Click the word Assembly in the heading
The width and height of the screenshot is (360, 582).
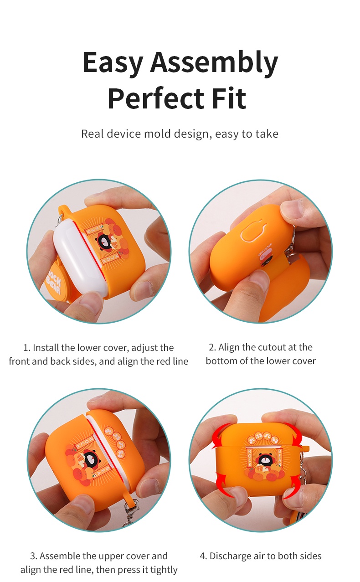click(214, 63)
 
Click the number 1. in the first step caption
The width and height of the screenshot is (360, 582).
click(27, 348)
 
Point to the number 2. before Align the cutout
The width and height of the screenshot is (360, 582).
click(212, 347)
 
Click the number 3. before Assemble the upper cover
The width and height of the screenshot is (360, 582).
click(33, 556)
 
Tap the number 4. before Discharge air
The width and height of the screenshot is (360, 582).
click(203, 556)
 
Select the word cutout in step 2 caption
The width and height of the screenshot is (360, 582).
click(271, 347)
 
